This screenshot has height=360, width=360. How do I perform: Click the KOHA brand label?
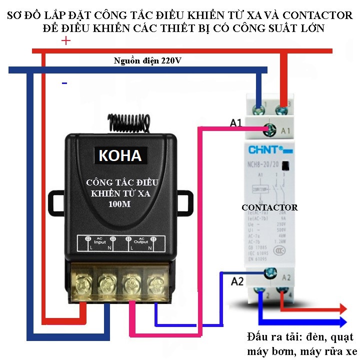click(120, 155)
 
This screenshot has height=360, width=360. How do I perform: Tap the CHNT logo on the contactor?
click(266, 149)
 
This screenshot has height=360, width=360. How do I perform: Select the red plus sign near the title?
click(65, 41)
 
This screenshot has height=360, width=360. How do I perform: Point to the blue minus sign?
click(64, 83)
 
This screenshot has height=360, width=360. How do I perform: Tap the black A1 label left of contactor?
click(236, 122)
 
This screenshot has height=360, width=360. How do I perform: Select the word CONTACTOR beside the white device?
click(269, 207)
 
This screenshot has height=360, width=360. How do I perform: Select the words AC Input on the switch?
click(100, 241)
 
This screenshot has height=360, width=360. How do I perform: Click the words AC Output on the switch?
click(141, 241)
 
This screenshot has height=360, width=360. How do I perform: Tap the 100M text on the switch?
click(119, 204)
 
